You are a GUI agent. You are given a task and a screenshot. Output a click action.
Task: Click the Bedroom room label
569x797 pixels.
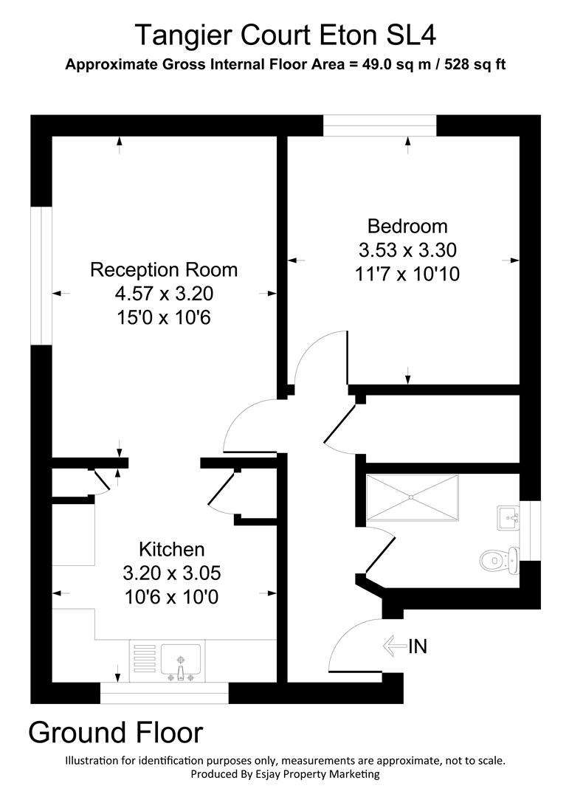point(407,226)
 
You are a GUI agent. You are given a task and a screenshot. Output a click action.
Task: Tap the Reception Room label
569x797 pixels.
point(164,269)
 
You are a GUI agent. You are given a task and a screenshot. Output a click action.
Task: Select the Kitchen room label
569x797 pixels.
point(171,549)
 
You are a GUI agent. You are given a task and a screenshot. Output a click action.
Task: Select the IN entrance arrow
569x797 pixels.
point(394,646)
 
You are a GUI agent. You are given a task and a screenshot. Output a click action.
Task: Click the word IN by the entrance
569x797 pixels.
point(418,646)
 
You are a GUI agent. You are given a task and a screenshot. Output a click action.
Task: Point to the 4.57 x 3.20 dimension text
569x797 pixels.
point(164,294)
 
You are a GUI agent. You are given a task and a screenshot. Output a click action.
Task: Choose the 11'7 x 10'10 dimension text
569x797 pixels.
point(407,274)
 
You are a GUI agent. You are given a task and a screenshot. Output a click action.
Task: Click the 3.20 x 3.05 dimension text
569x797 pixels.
point(171,573)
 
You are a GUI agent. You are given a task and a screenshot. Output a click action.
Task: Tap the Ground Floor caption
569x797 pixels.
point(115,732)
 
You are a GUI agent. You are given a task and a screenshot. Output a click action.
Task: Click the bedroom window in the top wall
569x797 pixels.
point(380,125)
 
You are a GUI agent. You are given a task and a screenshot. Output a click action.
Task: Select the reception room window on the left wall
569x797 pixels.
point(41,275)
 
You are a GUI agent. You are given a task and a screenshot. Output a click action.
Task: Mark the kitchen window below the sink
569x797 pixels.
point(164,693)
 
